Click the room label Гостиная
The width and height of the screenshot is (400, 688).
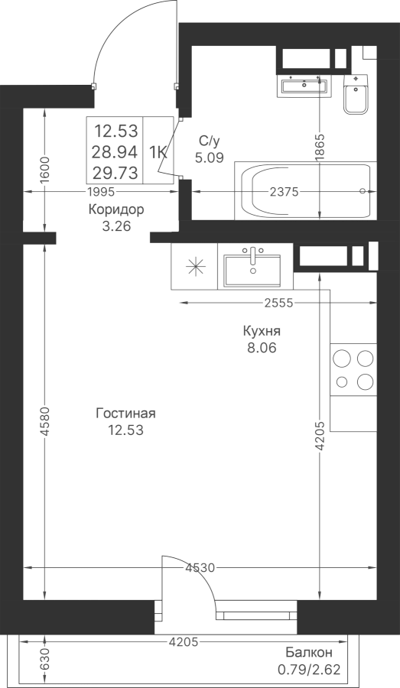[x=126, y=414]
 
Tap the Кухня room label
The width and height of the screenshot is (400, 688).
[x=262, y=331]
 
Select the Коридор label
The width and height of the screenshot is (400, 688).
[x=116, y=209]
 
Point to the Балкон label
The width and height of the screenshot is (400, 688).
[x=309, y=653]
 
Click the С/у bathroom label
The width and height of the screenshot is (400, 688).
[x=209, y=141]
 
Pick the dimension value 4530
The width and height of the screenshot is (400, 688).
[x=200, y=568]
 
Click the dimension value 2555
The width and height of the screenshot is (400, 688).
[x=278, y=303]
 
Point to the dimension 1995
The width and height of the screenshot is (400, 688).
[x=101, y=192]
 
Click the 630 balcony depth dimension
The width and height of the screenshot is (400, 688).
[x=45, y=660]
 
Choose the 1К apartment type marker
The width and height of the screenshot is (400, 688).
[x=158, y=152]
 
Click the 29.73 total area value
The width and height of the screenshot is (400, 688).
[x=115, y=173]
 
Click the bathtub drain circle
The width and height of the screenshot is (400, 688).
[x=363, y=191]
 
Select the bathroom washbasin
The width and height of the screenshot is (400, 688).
[x=303, y=86]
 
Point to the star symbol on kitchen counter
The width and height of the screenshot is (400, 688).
[x=195, y=267]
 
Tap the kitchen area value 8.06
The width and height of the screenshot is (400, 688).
[x=262, y=349]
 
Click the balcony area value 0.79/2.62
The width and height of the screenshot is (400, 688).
[x=309, y=670]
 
